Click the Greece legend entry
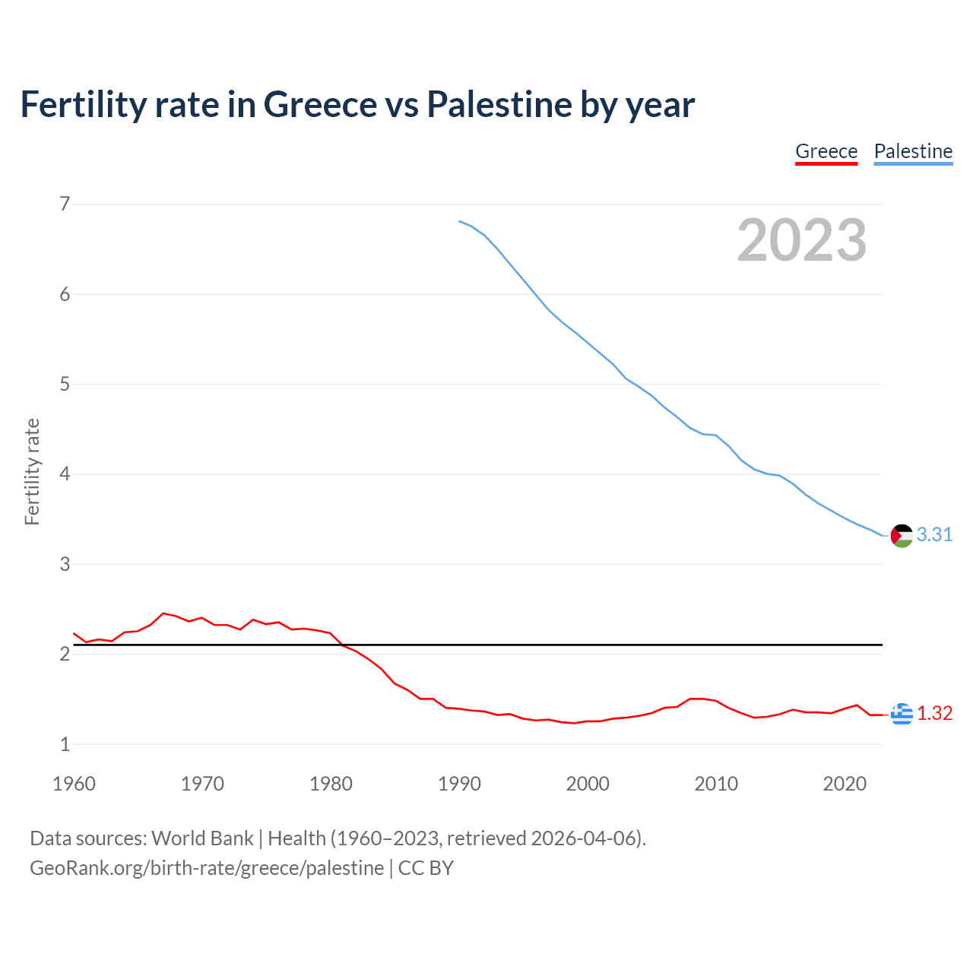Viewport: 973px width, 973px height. [x=826, y=151]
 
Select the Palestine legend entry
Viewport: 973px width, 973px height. [x=913, y=151]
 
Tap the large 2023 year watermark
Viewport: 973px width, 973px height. [x=802, y=240]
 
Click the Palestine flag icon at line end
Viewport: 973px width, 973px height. [x=902, y=536]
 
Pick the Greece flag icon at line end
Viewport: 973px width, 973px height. [x=902, y=714]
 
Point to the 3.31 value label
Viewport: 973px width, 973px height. [x=934, y=535]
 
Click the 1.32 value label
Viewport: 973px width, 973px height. [x=934, y=714]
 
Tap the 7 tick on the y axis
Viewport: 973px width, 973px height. [x=65, y=204]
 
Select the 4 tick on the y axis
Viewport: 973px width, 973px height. [x=65, y=474]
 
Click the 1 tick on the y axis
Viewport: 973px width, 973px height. [x=65, y=745]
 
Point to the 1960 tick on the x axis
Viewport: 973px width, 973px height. [x=74, y=784]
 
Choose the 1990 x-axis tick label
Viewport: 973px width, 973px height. [x=459, y=784]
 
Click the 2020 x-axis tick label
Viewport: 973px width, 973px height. [x=845, y=784]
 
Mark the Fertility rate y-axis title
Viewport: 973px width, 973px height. [x=32, y=471]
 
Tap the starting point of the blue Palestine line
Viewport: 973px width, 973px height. [x=459, y=221]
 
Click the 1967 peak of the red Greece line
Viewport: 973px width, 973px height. [x=163, y=613]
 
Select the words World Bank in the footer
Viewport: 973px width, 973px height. [x=202, y=838]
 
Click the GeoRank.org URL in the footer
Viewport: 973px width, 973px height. [x=207, y=868]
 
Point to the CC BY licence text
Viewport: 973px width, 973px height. [x=426, y=868]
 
